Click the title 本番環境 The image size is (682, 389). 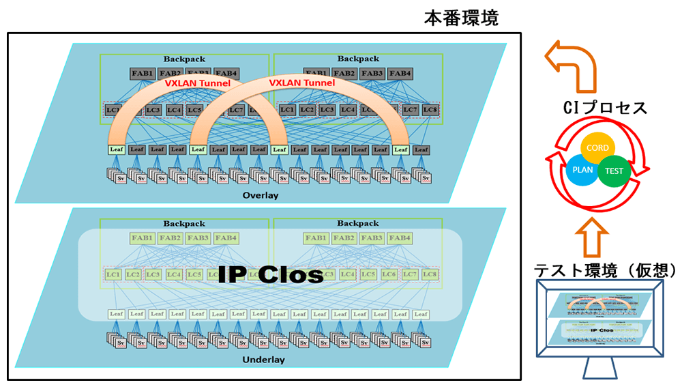[461, 18]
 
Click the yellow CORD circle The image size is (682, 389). [598, 149]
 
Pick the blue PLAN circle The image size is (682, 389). [582, 169]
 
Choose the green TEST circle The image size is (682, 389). [614, 171]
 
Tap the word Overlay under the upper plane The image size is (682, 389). [261, 196]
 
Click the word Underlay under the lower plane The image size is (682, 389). [263, 360]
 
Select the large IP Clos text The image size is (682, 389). [271, 274]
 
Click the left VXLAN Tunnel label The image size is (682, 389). [198, 83]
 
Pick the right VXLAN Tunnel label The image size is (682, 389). [302, 83]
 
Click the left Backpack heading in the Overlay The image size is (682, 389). [184, 59]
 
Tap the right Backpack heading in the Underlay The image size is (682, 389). [357, 223]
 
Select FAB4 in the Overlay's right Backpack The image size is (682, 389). [400, 74]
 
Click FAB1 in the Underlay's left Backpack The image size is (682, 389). [143, 238]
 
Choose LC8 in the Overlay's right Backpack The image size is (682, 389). [429, 109]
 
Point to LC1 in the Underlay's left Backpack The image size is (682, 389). [113, 274]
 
